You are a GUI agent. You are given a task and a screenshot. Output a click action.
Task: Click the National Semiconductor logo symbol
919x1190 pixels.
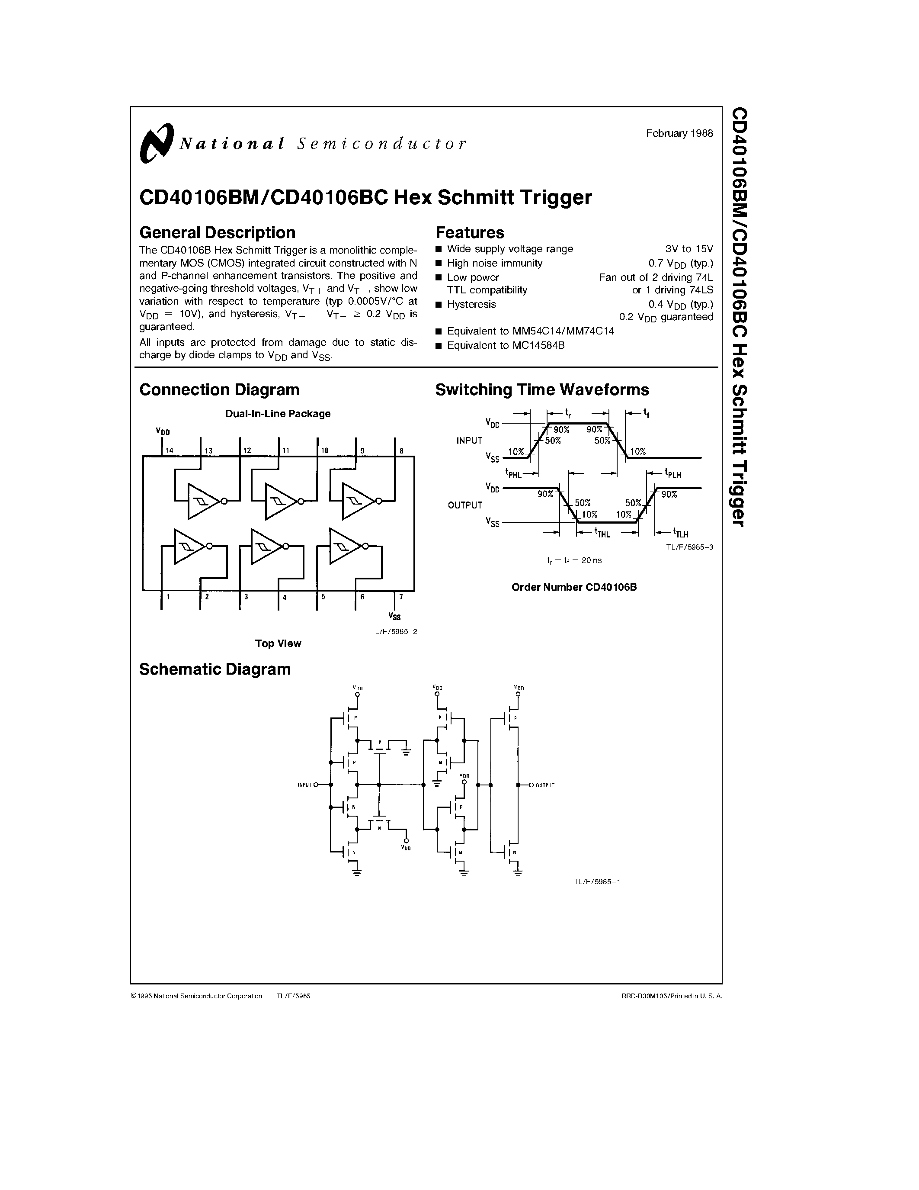[x=156, y=143]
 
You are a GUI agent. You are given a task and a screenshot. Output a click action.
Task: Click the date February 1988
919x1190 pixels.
[x=679, y=133]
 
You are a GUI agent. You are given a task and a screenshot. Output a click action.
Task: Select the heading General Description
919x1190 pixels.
[x=217, y=233]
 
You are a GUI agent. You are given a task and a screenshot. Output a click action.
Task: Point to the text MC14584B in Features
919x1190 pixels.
[x=538, y=345]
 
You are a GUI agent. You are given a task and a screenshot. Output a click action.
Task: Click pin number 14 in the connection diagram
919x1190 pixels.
[x=170, y=450]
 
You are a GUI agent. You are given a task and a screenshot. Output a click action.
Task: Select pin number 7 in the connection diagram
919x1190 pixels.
[x=401, y=597]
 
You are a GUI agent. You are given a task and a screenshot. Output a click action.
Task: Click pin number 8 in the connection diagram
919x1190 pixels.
[x=401, y=450]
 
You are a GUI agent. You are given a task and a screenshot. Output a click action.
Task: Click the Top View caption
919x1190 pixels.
[x=278, y=643]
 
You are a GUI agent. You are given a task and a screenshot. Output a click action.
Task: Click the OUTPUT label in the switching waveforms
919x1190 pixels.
[x=465, y=505]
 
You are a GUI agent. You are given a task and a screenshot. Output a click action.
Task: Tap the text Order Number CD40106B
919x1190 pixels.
[x=574, y=587]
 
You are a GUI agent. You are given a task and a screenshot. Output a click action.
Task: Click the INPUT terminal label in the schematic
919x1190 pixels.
[x=304, y=785]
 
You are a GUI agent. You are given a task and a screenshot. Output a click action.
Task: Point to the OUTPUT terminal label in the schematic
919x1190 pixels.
[x=544, y=785]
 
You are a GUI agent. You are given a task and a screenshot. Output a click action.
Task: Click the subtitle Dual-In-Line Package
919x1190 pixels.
[x=278, y=414]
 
